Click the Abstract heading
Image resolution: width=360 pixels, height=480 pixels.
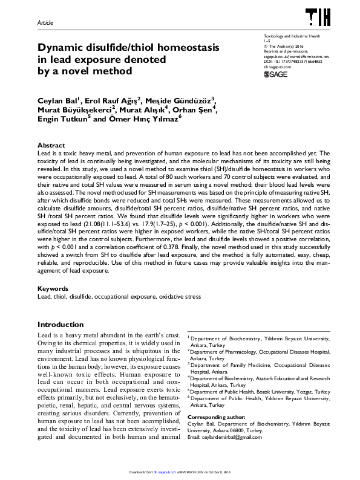pos(51,146)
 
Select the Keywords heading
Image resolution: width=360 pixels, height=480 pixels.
pos(53,289)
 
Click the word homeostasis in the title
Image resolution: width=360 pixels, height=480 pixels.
pos(186,47)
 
